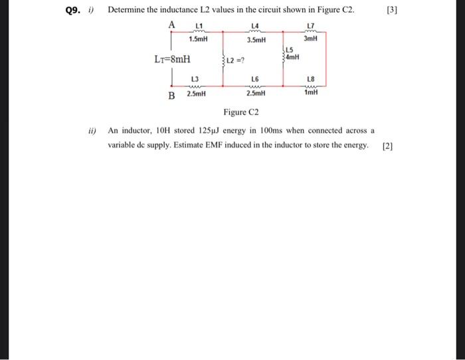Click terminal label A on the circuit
pyautogui.click(x=171, y=25)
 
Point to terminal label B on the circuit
pyautogui.click(x=171, y=96)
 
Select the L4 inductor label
pyautogui.click(x=255, y=27)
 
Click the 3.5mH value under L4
pyautogui.click(x=256, y=40)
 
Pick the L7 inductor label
pyautogui.click(x=311, y=27)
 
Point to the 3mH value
pyautogui.click(x=311, y=39)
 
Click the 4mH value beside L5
pyautogui.click(x=293, y=57)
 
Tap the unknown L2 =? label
pyautogui.click(x=236, y=63)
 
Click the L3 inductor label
pyautogui.click(x=195, y=80)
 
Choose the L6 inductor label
pyautogui.click(x=255, y=80)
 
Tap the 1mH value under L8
pyautogui.click(x=311, y=93)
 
